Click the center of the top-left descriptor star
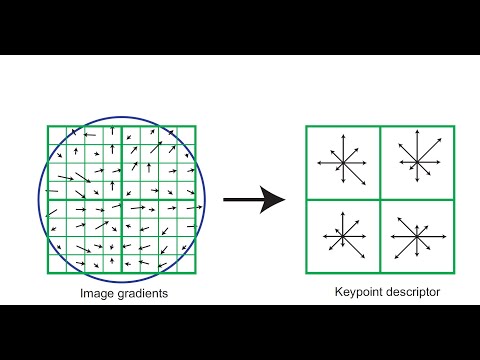(342, 162)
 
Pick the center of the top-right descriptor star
(416, 160)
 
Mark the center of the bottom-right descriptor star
(416, 237)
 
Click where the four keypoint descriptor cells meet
(380, 199)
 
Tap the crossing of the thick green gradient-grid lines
(122, 199)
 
